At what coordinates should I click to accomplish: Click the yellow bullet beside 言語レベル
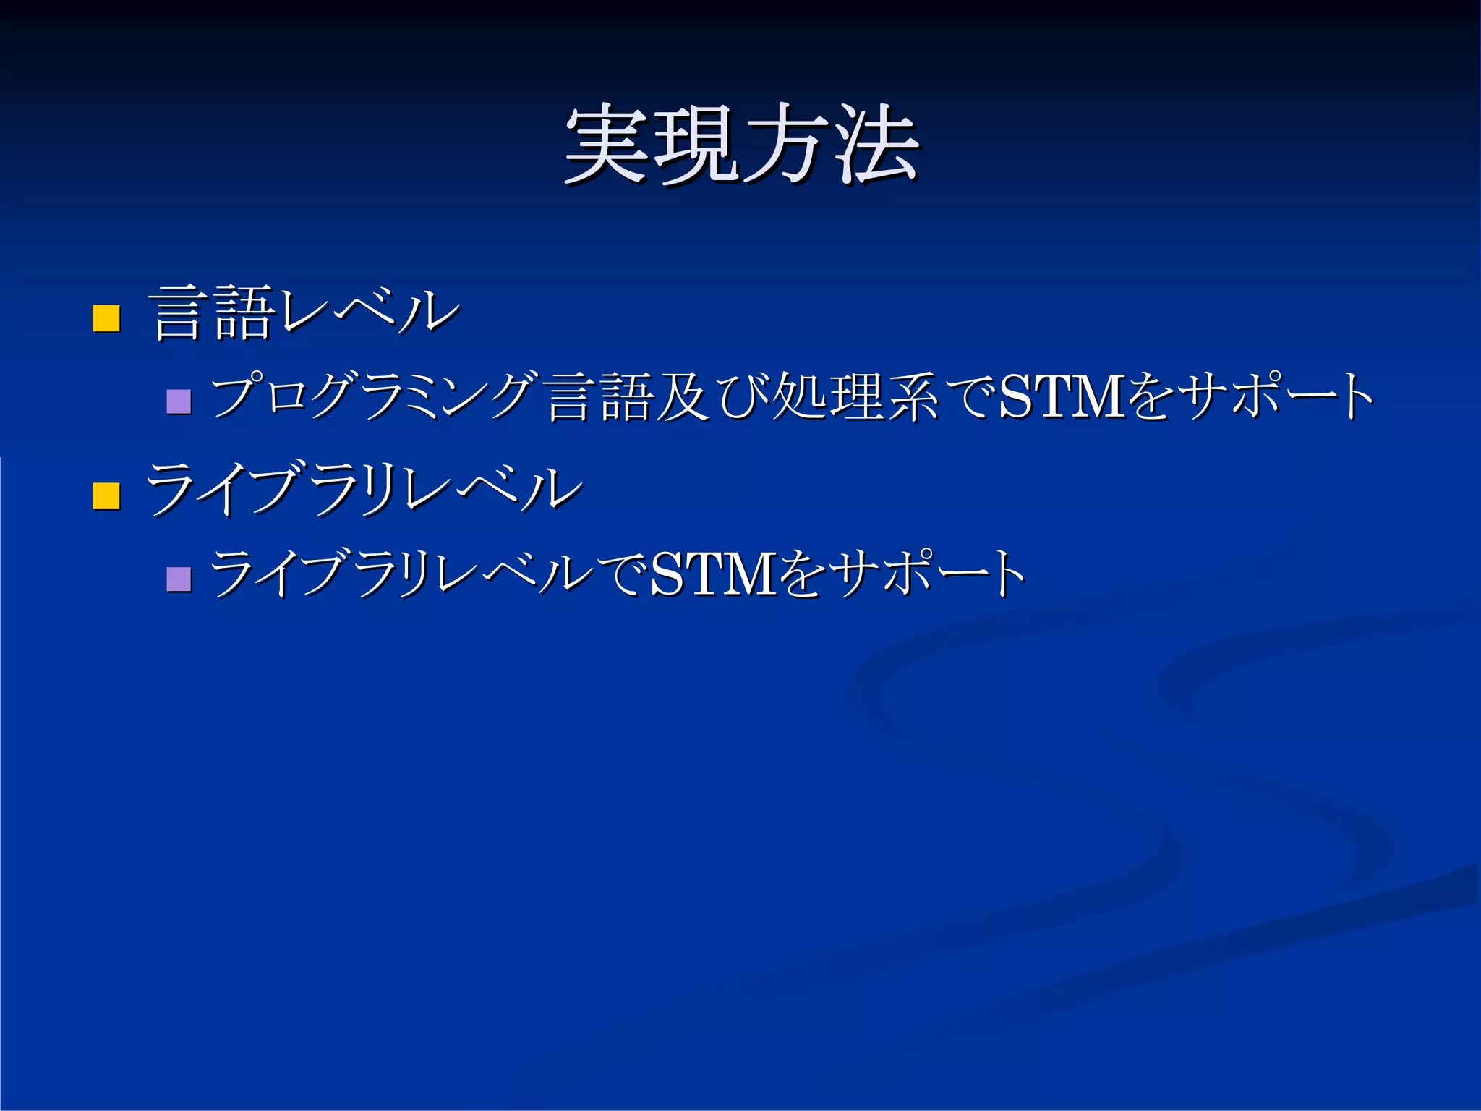106,318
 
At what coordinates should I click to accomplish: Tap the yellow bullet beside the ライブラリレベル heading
106,496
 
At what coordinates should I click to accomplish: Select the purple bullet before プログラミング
179,401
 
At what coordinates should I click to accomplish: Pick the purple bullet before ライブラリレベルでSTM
179,579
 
